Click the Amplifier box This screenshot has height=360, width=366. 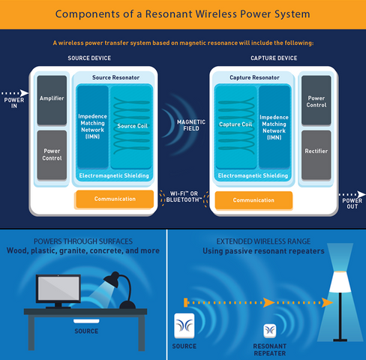coord(52,100)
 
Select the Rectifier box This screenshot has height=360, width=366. coord(316,154)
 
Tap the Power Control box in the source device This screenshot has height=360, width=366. coord(52,154)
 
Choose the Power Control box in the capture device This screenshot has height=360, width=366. coord(316,100)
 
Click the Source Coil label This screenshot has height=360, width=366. coord(133,126)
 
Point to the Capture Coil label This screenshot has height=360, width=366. coord(235,124)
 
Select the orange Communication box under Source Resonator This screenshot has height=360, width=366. coord(115,199)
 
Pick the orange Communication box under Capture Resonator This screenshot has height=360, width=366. coord(253,200)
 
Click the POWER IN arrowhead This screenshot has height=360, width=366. coord(24,93)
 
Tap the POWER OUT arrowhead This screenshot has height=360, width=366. coord(361,194)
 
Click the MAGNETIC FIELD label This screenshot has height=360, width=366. coord(191,125)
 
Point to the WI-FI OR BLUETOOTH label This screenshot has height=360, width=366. coord(184,196)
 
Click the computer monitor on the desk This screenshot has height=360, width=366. coord(58,291)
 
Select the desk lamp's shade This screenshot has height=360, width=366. coord(112,280)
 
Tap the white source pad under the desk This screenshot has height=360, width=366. coord(86,321)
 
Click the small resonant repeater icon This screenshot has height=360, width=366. coord(270,331)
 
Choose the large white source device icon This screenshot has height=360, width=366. coord(184,325)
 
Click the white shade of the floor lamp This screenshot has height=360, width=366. coord(340,282)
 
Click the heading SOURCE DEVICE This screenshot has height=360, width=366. coord(89,58)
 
